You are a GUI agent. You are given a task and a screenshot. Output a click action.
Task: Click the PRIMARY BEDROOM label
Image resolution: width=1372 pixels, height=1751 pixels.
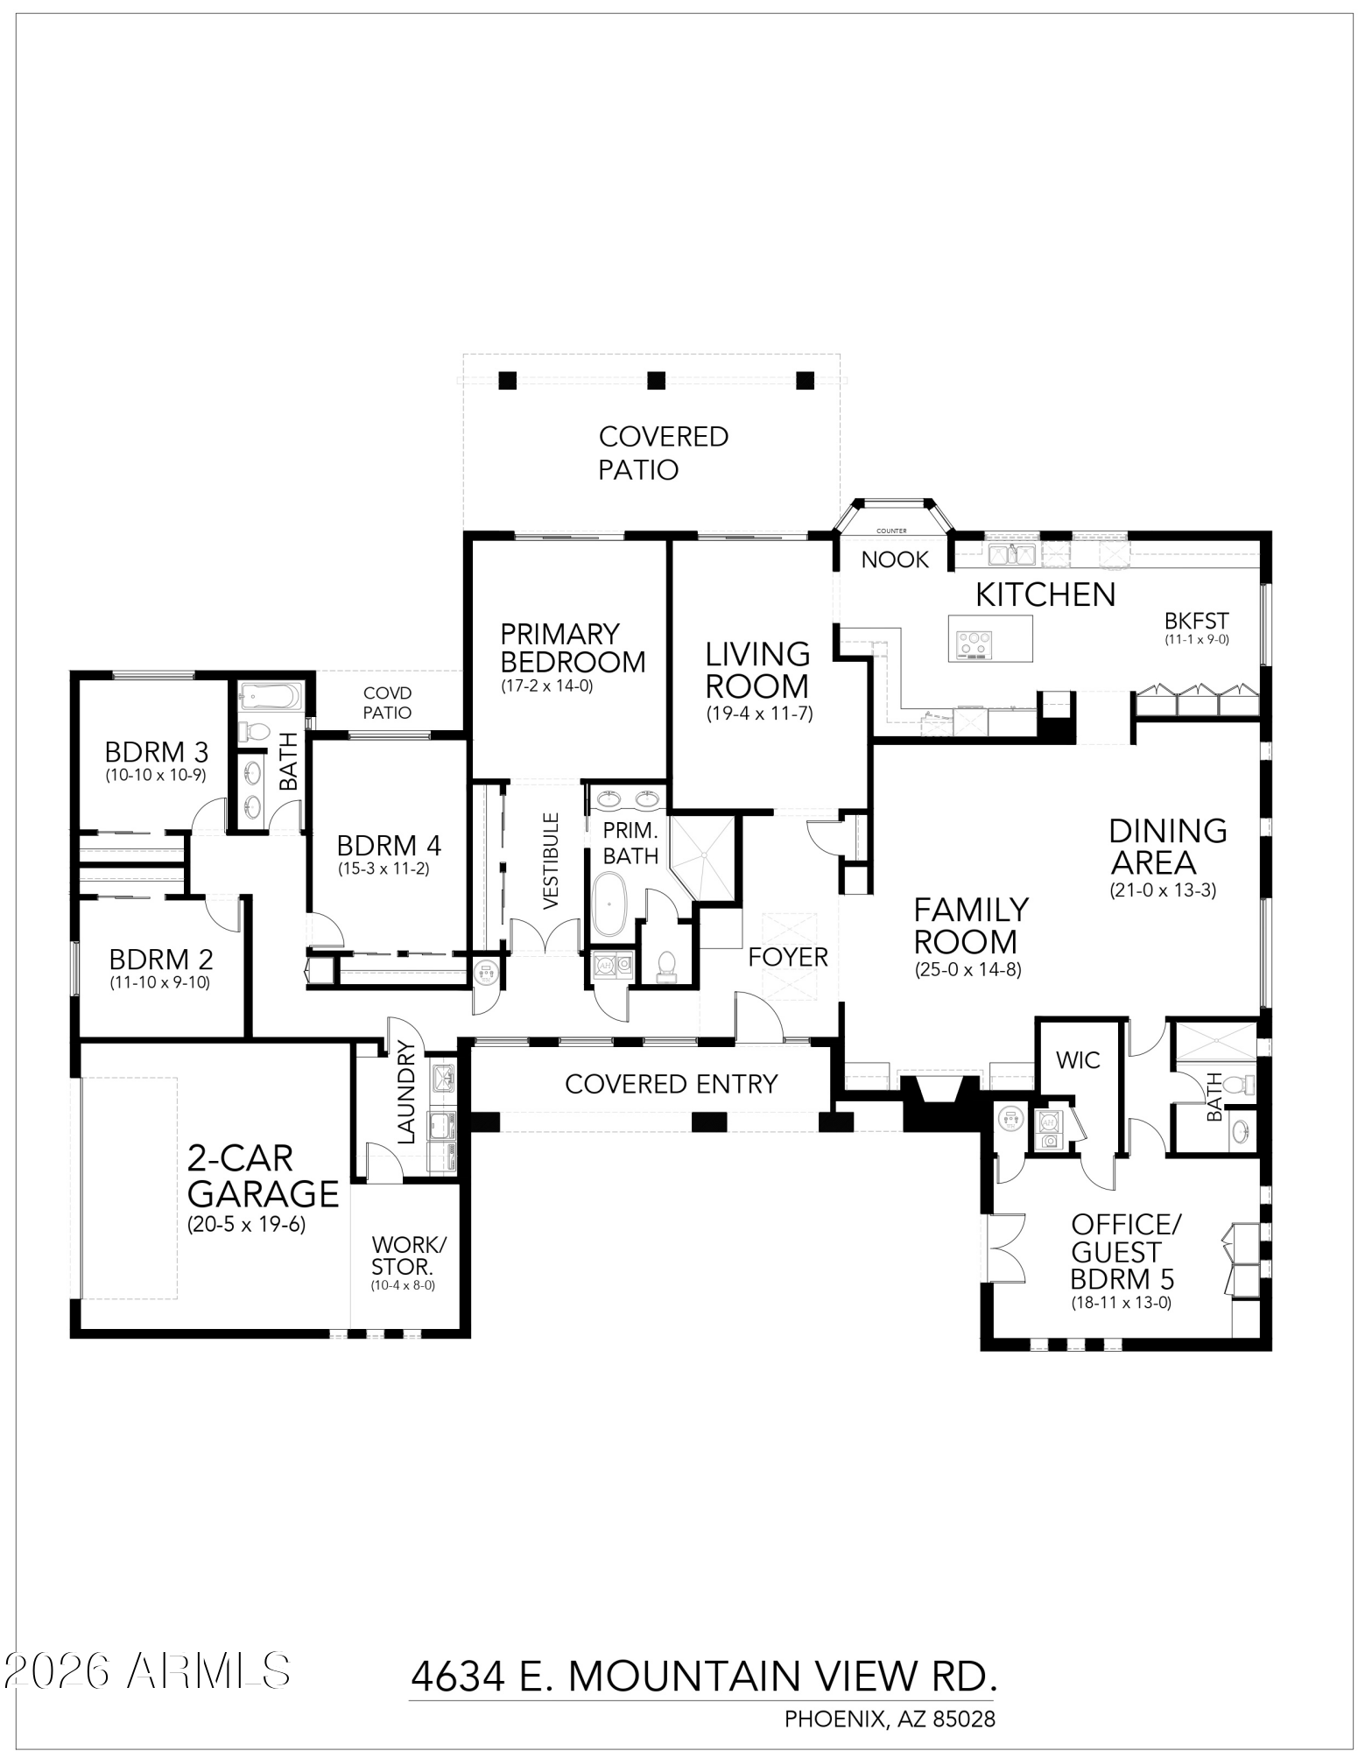click(573, 648)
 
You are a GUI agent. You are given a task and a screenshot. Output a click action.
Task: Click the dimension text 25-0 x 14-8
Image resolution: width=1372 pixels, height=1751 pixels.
click(967, 970)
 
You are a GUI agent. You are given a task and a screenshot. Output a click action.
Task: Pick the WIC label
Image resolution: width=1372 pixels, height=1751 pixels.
click(1077, 1060)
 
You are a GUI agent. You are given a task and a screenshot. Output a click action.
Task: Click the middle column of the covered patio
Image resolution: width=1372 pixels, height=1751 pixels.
click(656, 381)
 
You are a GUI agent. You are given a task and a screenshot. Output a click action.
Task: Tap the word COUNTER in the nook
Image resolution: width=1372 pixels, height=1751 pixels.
click(891, 531)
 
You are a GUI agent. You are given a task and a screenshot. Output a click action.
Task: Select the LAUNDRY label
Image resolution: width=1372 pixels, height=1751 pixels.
click(406, 1092)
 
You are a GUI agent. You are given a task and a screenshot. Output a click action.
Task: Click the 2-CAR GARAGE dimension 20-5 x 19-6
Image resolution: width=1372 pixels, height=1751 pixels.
click(246, 1224)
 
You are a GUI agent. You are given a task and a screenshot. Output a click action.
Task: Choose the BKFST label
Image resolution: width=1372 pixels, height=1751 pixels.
click(1196, 621)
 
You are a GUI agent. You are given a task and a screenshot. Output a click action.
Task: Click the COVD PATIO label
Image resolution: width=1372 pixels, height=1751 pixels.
click(387, 703)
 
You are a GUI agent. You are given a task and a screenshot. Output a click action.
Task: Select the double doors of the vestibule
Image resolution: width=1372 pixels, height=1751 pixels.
click(545, 937)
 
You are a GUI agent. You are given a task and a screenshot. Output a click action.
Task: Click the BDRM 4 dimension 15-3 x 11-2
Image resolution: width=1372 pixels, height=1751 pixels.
click(383, 869)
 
